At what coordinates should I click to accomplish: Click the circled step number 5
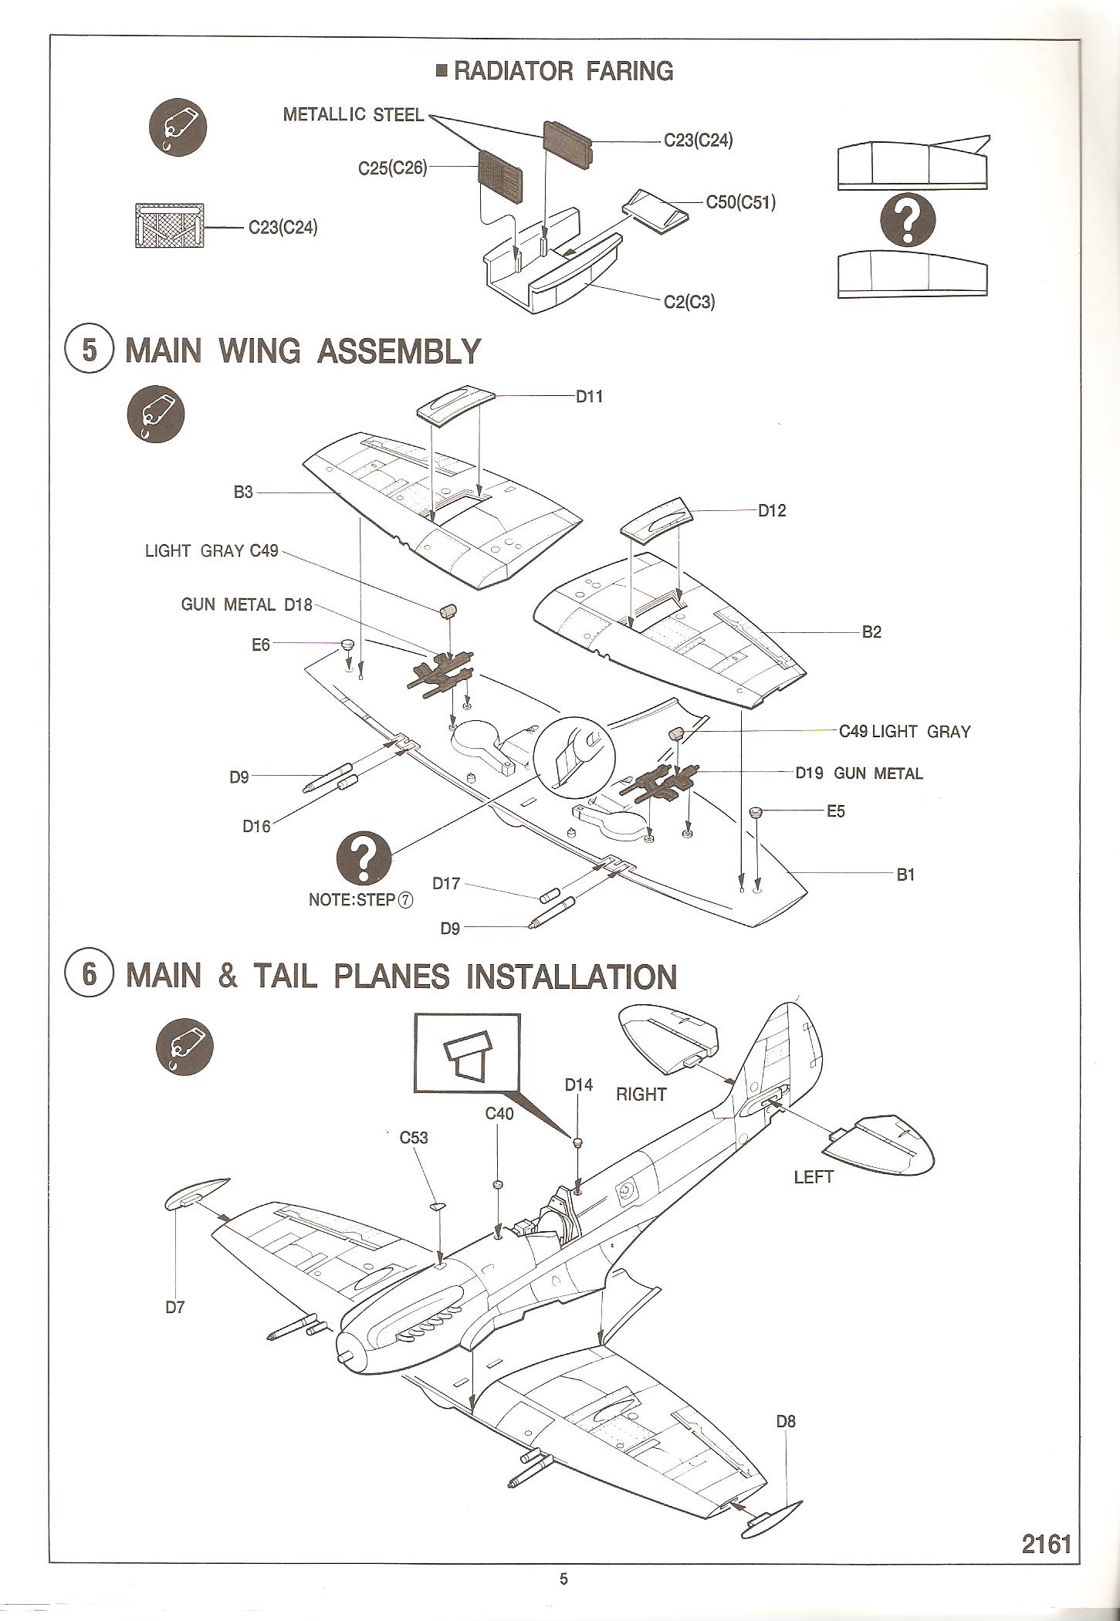(x=90, y=350)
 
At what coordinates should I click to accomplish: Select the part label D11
(x=589, y=396)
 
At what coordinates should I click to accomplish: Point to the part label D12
(x=771, y=510)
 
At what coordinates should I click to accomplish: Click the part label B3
(x=243, y=492)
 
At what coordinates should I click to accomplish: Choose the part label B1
(x=905, y=875)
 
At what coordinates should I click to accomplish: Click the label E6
(x=261, y=644)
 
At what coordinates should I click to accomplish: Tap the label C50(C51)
(x=740, y=202)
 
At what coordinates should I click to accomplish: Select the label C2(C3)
(x=689, y=301)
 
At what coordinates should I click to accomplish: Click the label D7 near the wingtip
(x=175, y=1307)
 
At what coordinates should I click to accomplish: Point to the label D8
(x=785, y=1421)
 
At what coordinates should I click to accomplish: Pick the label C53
(x=414, y=1137)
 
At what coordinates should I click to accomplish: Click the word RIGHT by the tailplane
(x=641, y=1094)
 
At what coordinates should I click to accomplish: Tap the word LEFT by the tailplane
(x=814, y=1176)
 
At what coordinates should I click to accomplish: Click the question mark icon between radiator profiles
(x=909, y=219)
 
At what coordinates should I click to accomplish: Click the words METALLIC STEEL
(x=353, y=115)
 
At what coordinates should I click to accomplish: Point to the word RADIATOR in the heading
(x=513, y=71)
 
